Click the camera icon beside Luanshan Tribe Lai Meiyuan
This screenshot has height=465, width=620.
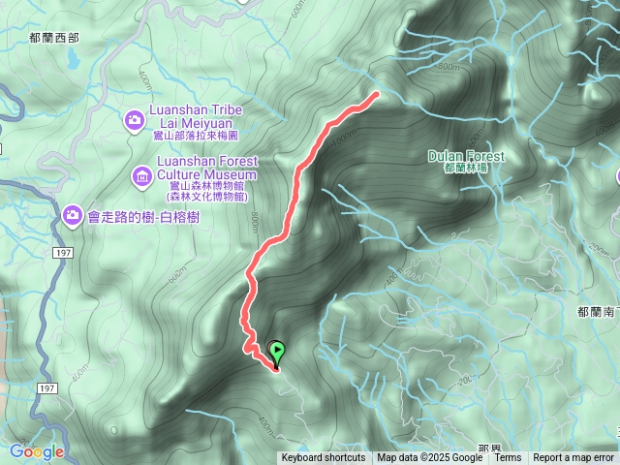click(x=135, y=119)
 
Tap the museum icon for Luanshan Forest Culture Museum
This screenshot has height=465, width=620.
click(x=141, y=175)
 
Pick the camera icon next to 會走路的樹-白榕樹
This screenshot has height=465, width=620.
click(x=72, y=214)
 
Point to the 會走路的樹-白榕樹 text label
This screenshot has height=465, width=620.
click(x=144, y=215)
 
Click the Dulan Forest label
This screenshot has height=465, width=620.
click(x=465, y=156)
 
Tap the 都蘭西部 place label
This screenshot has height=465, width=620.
click(x=53, y=38)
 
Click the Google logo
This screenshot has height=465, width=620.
click(x=37, y=451)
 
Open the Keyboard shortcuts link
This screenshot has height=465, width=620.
click(x=324, y=458)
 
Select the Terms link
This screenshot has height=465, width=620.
click(x=508, y=458)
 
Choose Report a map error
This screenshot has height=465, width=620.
click(x=573, y=458)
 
